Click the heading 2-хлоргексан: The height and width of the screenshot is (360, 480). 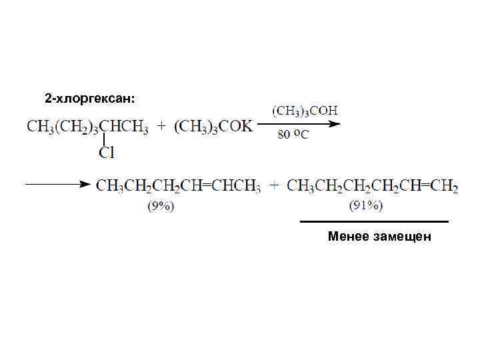tap(89, 99)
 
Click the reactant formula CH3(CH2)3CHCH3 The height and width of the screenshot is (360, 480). tap(87, 127)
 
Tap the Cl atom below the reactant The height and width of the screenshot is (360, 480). tap(107, 153)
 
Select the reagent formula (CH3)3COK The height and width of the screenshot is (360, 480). tap(214, 127)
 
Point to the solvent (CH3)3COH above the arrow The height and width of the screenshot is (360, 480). tap(305, 110)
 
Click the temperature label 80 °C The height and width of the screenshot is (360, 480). tap(293, 135)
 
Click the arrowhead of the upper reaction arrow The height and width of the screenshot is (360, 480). tap(335, 124)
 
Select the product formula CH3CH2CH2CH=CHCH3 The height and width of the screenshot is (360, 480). tap(179, 185)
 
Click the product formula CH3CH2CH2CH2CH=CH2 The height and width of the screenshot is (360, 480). tap(373, 185)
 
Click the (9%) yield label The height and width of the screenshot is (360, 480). tap(161, 206)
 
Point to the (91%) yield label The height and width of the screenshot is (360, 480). tap(366, 206)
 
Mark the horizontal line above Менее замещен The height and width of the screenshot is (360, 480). tap(374, 221)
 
